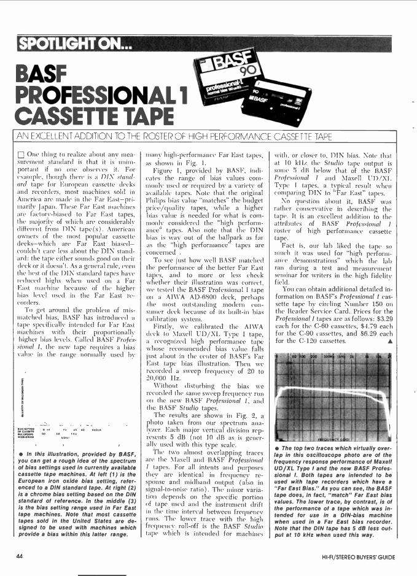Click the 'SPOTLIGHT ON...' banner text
(x=73, y=44)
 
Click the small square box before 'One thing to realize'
(x=21, y=152)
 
